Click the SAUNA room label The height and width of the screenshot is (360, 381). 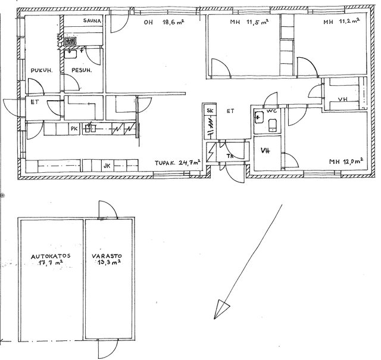92,20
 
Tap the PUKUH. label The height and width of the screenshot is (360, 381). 42,70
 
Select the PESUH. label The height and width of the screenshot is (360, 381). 82,70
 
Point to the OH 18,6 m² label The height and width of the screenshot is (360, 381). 164,23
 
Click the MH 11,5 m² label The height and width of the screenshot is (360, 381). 249,22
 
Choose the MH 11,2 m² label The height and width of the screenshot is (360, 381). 341,21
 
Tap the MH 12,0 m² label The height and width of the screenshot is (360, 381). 346,162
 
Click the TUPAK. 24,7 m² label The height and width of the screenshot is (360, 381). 178,162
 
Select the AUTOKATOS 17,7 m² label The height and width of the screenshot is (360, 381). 51,259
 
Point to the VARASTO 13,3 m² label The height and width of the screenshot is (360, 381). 107,259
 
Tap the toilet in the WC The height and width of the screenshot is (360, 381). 273,125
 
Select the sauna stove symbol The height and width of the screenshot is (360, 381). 70,41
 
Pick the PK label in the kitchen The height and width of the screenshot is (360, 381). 74,129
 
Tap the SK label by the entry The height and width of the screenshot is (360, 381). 210,111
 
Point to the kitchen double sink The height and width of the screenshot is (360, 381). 90,128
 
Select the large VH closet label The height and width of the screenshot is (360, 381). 266,151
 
